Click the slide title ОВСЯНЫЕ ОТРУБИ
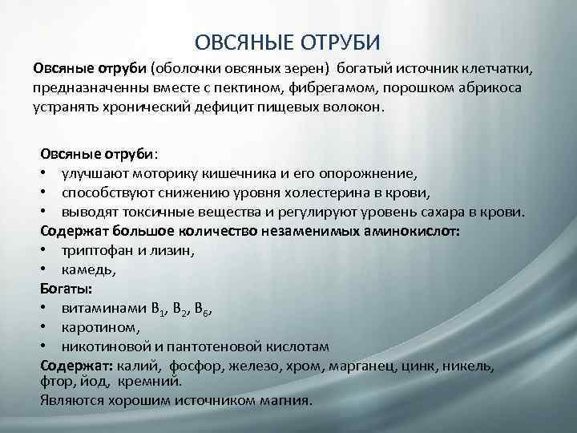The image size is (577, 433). [x=288, y=41]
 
